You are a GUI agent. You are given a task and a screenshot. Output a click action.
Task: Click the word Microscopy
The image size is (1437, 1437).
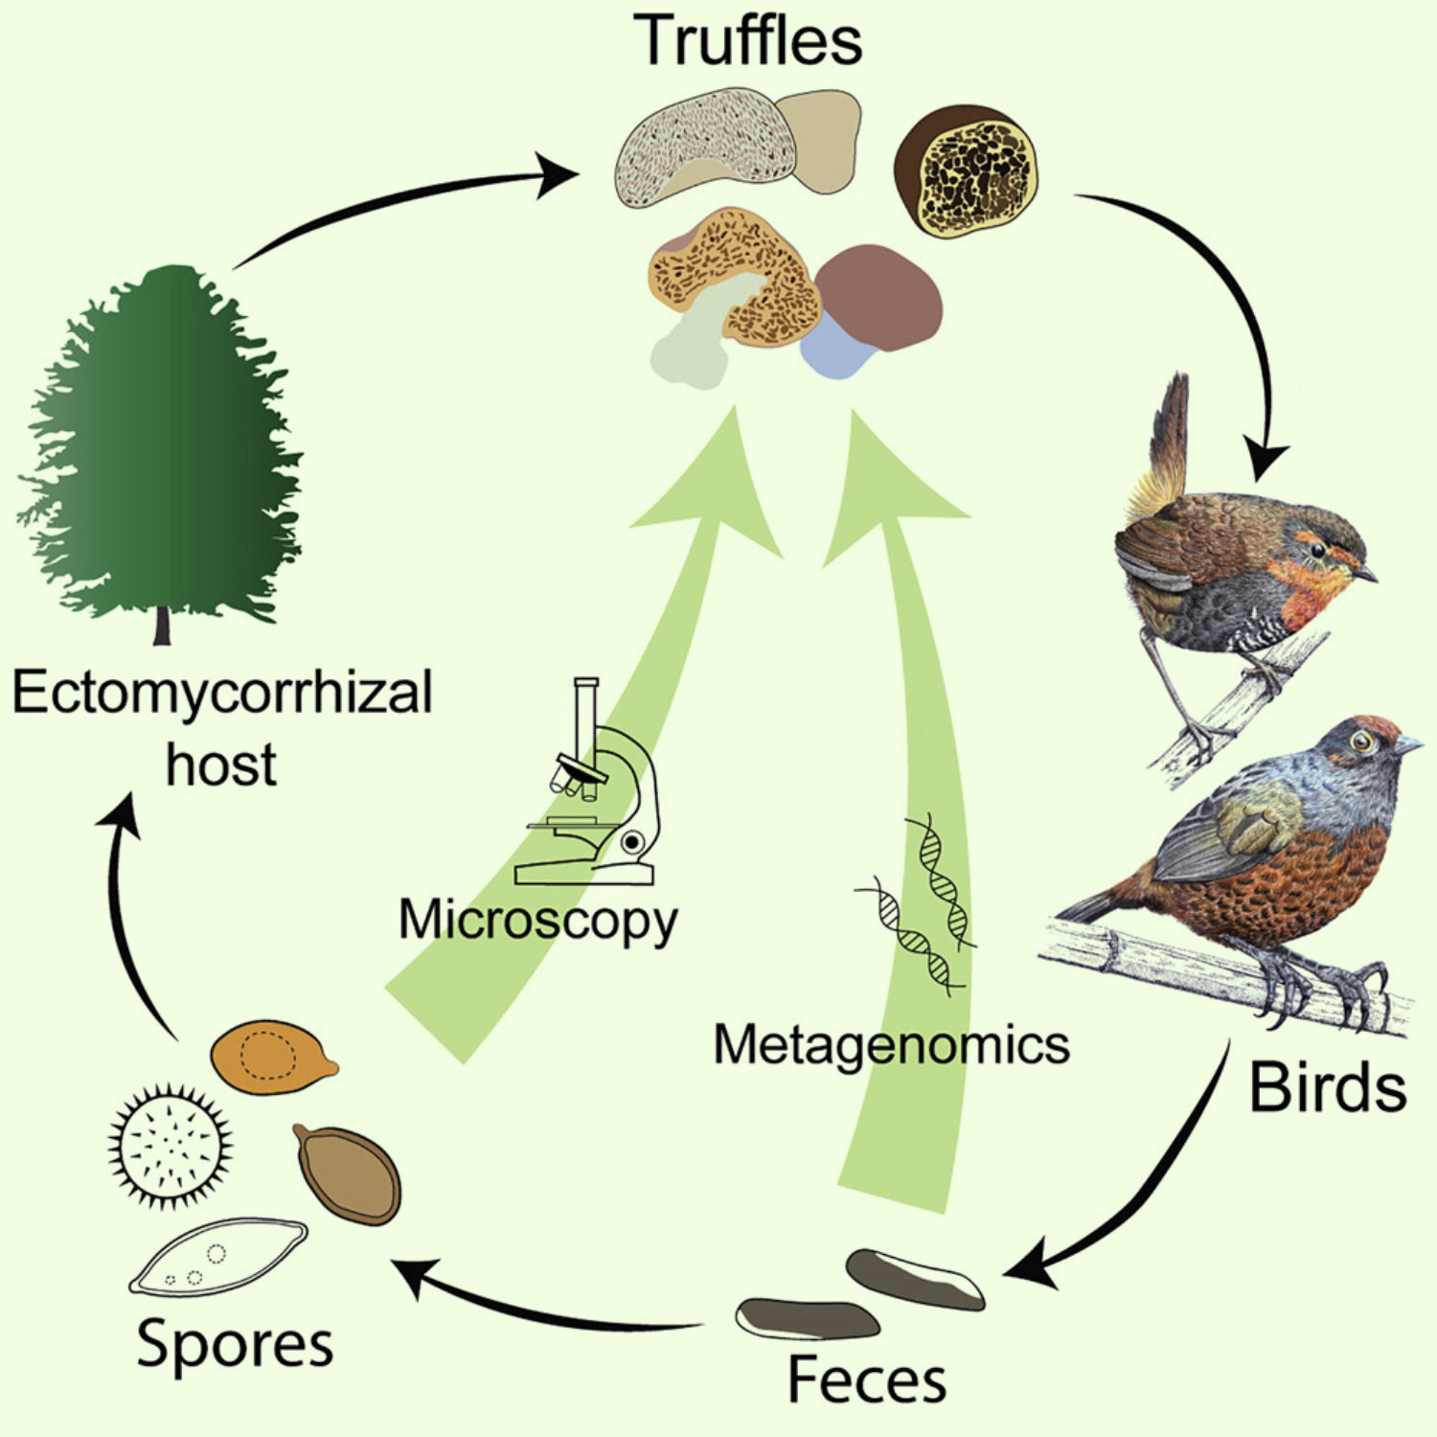point(538,921)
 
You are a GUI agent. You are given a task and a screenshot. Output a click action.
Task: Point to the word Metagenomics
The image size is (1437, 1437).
point(892,1044)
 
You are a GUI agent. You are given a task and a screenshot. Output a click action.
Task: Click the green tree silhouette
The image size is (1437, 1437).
point(161,450)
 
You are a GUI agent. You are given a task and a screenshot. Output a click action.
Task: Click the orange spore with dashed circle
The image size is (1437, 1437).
point(272,1056)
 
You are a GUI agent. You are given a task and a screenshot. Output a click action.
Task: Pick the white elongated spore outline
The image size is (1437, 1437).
point(219,1256)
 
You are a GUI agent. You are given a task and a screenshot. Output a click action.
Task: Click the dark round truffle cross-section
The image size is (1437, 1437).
point(968,171)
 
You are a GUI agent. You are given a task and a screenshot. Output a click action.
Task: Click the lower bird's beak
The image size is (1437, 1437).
point(1407,743)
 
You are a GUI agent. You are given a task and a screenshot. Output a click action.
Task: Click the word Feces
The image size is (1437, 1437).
point(867,1380)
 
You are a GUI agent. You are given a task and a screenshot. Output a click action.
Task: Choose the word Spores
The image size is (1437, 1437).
point(236,1345)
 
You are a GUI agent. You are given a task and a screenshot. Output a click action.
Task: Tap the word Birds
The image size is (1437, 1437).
point(1328,1088)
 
